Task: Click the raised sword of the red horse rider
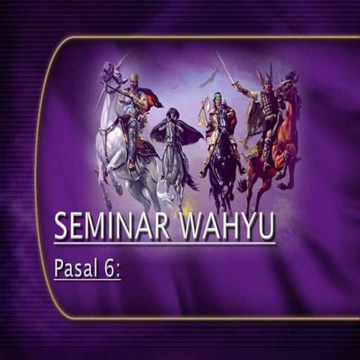click(x=225, y=67)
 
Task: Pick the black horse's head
click(x=223, y=120)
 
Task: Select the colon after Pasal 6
click(x=118, y=269)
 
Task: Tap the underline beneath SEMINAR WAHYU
click(x=165, y=243)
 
